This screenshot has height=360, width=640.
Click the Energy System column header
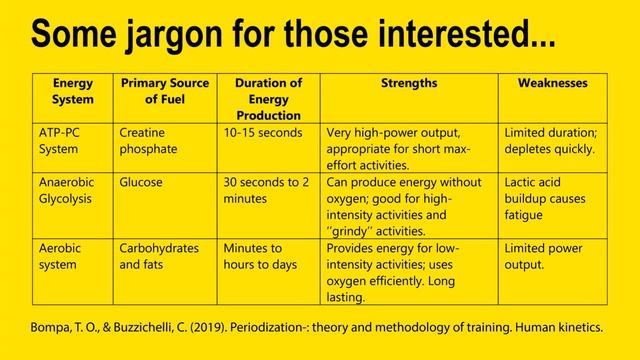tap(72, 92)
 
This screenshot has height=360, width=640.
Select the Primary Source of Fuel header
tap(163, 92)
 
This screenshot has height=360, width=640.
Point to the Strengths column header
tap(409, 84)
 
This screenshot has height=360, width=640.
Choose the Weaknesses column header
tap(552, 84)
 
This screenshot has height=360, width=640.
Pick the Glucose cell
tap(141, 183)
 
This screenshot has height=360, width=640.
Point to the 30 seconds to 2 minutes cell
tap(265, 191)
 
